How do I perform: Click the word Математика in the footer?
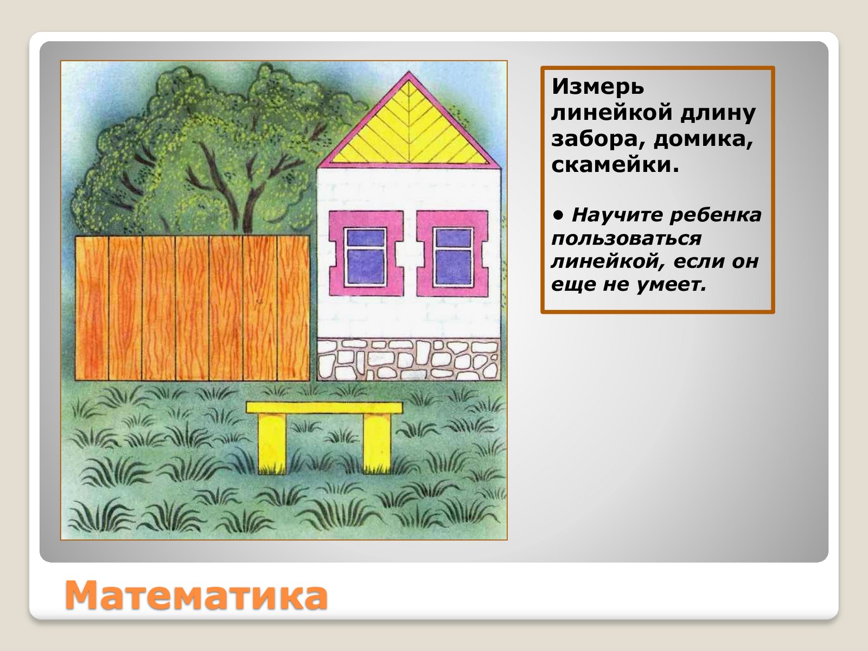tap(196, 596)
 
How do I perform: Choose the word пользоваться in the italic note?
tap(627, 239)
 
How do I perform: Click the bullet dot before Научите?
tap(558, 215)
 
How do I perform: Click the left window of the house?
tap(366, 257)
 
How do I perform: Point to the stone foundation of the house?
tap(409, 360)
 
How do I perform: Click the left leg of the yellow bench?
tap(272, 443)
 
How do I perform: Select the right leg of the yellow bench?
tap(377, 443)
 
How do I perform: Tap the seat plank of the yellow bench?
tap(324, 408)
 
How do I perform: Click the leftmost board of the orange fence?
tap(92, 308)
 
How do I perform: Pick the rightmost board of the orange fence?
tap(293, 308)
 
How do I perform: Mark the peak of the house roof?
tap(409, 72)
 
